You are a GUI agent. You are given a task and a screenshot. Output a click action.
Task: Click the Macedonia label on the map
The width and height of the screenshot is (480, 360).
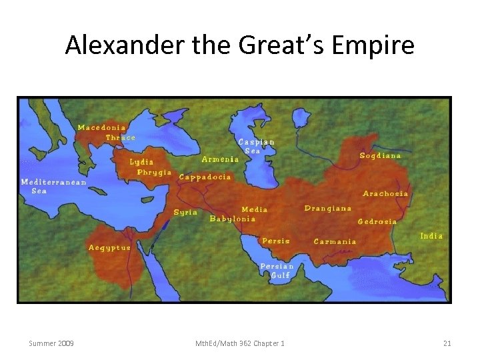point(102,127)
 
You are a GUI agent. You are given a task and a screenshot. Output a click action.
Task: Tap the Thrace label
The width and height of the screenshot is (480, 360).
point(120,137)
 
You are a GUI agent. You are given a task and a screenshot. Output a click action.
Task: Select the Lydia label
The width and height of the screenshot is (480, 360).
point(141,162)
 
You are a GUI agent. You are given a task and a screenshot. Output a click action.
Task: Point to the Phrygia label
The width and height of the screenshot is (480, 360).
point(154,172)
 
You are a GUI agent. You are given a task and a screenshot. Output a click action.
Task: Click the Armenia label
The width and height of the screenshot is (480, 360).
point(220,159)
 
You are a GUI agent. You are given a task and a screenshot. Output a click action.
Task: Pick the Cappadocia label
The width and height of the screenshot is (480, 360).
point(205,177)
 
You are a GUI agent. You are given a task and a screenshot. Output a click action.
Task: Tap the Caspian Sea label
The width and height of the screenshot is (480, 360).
point(256,146)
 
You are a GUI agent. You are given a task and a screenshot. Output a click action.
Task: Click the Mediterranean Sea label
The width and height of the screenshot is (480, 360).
point(53,187)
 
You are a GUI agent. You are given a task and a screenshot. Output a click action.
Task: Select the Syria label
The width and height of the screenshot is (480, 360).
point(185,212)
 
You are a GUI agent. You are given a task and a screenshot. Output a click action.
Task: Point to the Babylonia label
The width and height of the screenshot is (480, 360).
point(233,219)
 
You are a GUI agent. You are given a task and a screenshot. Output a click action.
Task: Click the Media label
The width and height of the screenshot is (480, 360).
point(254,209)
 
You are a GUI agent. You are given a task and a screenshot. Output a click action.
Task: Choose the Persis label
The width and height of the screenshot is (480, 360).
point(276,241)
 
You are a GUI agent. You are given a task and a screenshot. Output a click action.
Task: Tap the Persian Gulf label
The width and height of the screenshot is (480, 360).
point(277,270)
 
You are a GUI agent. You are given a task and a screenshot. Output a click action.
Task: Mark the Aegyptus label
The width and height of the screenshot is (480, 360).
point(110,247)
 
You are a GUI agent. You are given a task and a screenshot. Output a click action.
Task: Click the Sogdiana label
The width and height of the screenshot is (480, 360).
point(381,155)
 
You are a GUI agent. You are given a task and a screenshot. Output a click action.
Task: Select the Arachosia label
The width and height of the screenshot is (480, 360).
point(385,193)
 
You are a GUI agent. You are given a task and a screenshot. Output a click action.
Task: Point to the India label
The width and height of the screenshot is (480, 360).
point(431,236)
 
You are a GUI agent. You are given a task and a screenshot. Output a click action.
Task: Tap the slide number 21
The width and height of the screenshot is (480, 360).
point(447,343)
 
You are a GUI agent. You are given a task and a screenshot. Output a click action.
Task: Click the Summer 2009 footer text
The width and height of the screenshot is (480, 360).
point(51,343)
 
